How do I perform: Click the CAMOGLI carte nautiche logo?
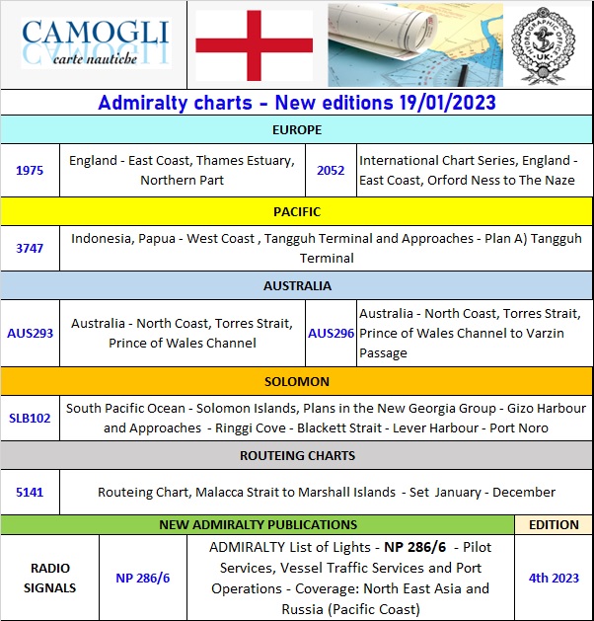[x=95, y=44]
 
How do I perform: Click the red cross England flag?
[x=254, y=44]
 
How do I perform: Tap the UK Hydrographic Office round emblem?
[x=547, y=44]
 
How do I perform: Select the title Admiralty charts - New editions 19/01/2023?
[x=296, y=103]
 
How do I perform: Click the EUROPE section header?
[x=296, y=129]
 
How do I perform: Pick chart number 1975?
[x=30, y=170]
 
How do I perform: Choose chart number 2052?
[x=331, y=170]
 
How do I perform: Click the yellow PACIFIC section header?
[x=296, y=211]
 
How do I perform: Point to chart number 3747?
[x=30, y=248]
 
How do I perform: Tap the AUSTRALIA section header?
[x=296, y=285]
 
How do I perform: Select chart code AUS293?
[x=30, y=333]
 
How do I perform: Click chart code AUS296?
[x=331, y=333]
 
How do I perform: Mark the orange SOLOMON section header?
[x=296, y=381]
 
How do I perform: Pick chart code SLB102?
[x=30, y=418]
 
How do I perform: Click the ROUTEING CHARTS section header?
[x=296, y=455]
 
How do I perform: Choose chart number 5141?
[x=30, y=492]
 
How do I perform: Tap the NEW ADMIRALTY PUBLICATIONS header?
[x=258, y=524]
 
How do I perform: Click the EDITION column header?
[x=554, y=524]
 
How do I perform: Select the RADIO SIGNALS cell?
[x=49, y=578]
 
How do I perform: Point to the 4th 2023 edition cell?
[x=554, y=578]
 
